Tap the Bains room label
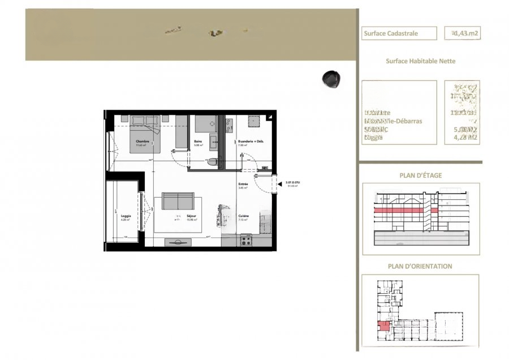(198, 142)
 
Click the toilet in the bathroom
(212, 162)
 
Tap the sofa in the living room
(178, 201)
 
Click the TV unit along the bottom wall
(177, 242)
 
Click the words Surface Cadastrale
(391, 33)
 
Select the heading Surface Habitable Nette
(420, 61)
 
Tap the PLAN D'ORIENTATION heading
(420, 266)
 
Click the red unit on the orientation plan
(384, 325)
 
